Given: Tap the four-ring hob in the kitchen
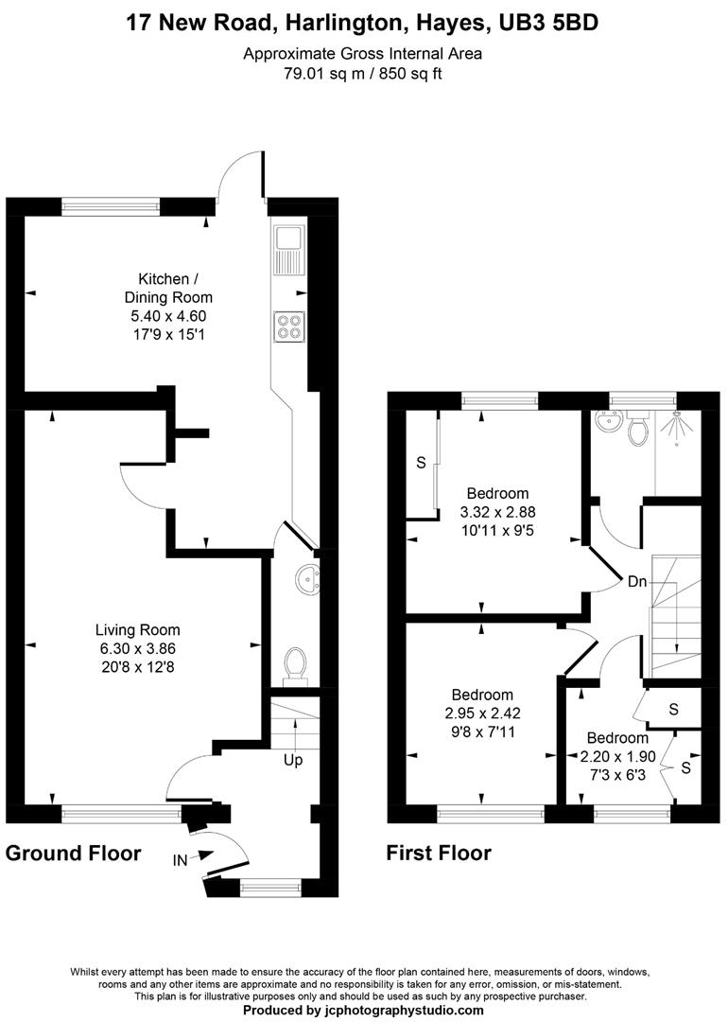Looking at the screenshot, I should pos(287,326).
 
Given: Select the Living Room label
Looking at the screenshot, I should pos(137,629).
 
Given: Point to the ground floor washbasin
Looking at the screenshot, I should pos(308,576).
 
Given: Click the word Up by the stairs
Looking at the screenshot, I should pos(295,760).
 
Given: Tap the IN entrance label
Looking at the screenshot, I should pos(180,859).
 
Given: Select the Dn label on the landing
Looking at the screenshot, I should pos(637,582).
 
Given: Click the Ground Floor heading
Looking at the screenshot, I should pos(73,853).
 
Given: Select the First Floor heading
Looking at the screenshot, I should pos(439,853).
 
